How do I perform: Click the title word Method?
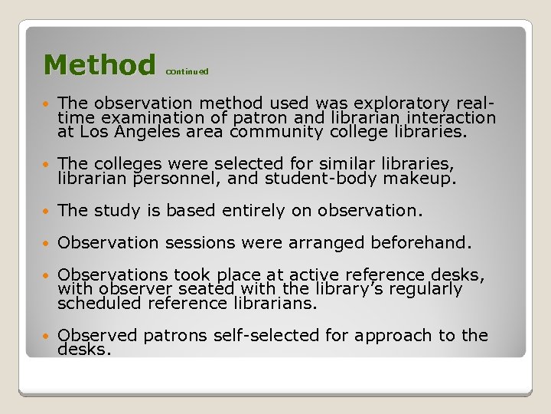point(99,64)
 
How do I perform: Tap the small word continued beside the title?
point(187,71)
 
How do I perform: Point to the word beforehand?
point(420,243)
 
